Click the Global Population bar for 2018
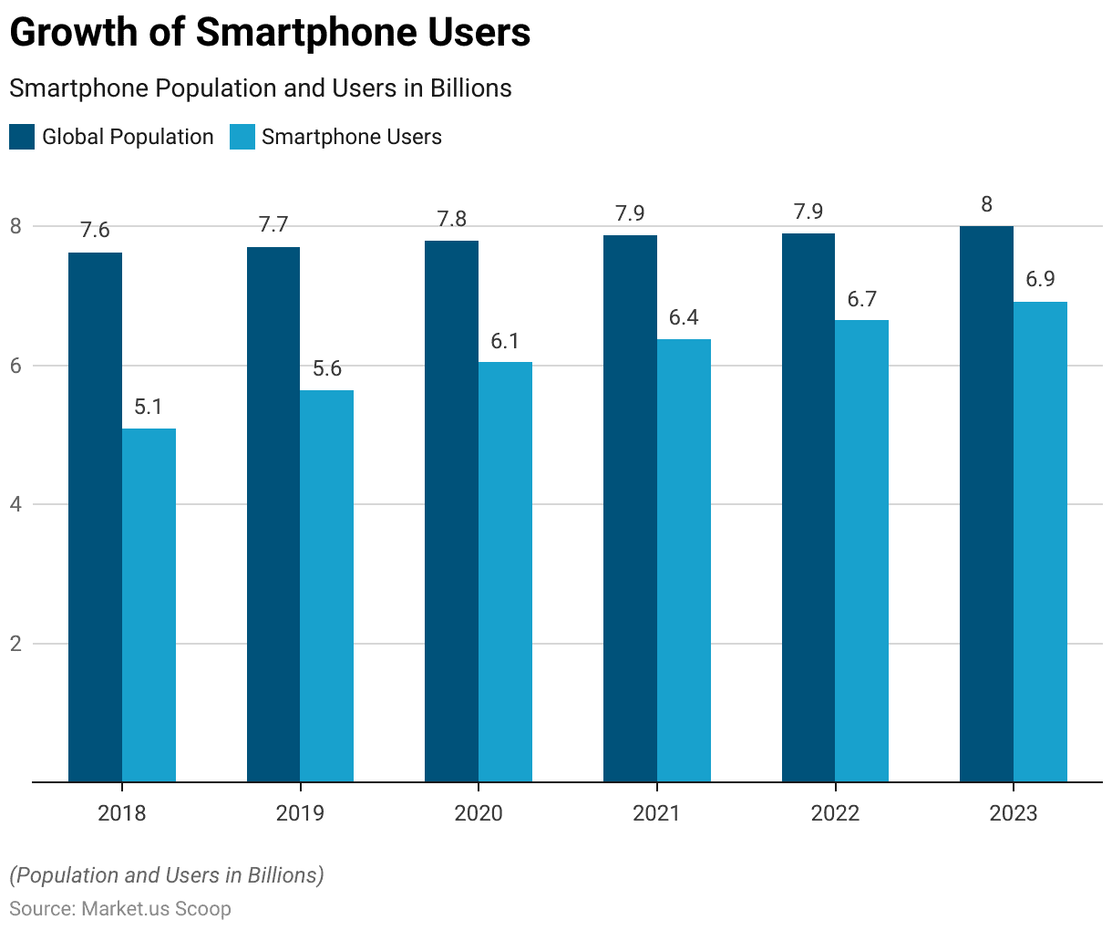(x=95, y=517)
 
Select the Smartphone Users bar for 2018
(x=149, y=604)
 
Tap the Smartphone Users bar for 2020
(x=505, y=572)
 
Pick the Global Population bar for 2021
(x=630, y=508)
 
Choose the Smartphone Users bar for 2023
(x=1040, y=542)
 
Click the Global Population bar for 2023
(x=986, y=503)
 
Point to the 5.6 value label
(x=327, y=368)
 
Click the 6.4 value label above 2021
(x=684, y=317)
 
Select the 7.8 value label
(x=451, y=219)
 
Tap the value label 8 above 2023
(x=986, y=204)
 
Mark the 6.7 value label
(x=861, y=298)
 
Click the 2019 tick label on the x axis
(x=300, y=813)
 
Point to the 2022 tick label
(x=835, y=813)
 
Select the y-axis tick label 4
(x=15, y=504)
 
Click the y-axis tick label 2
(x=15, y=644)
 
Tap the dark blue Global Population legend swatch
(x=22, y=137)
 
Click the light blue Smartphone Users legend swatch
(x=242, y=137)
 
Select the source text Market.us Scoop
(x=156, y=909)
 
